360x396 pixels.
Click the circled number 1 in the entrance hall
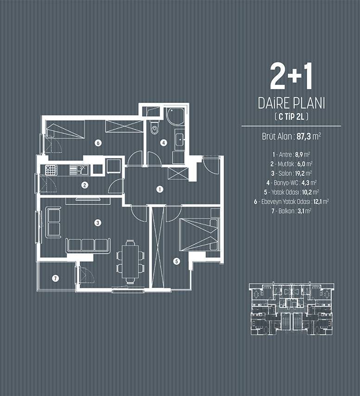click(x=160, y=189)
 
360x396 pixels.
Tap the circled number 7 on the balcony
click(x=55, y=278)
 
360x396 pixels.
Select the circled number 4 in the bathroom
click(x=164, y=143)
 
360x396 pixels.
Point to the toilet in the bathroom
click(x=154, y=128)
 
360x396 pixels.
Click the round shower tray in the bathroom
click(x=175, y=116)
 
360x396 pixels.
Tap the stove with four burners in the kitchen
click(x=51, y=169)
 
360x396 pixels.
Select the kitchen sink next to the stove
click(x=79, y=169)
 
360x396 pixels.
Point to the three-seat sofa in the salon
click(x=88, y=245)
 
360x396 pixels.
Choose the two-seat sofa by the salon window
click(x=53, y=222)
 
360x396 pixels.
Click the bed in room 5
click(x=199, y=235)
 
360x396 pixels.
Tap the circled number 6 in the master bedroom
click(x=98, y=143)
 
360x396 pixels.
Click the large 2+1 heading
click(x=291, y=76)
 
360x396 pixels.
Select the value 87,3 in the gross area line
click(x=304, y=137)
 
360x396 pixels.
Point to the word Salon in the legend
click(x=285, y=173)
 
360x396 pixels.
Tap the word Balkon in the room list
click(x=286, y=211)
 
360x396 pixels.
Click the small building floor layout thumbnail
click(x=291, y=309)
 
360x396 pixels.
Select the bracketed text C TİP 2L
click(x=291, y=117)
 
